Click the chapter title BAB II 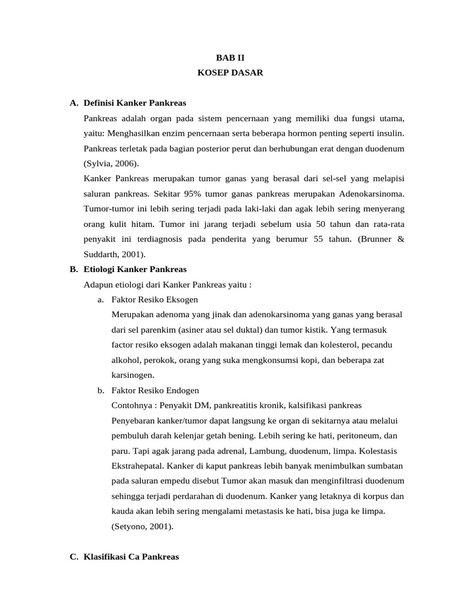[x=230, y=58]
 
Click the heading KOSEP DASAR [x=230, y=73]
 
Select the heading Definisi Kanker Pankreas [x=134, y=103]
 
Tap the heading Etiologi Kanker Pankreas [x=136, y=268]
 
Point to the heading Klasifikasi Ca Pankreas [x=132, y=557]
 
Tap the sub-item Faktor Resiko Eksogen [x=155, y=299]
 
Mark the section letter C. [x=74, y=557]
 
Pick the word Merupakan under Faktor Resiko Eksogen [x=131, y=314]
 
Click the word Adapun [x=98, y=284]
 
